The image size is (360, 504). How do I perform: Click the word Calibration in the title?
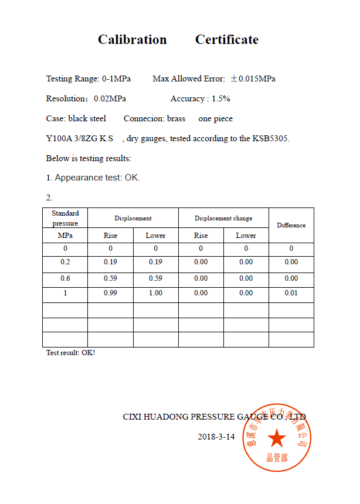(132, 40)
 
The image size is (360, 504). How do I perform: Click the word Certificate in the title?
(227, 40)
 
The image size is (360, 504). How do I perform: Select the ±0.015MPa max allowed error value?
(253, 79)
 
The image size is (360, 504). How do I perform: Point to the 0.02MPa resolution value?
(110, 98)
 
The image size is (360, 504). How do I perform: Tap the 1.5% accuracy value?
(220, 98)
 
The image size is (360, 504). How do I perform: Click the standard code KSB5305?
(271, 138)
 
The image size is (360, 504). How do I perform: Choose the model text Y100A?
(57, 138)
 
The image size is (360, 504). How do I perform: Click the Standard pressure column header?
(65, 218)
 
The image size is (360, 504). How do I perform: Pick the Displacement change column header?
(223, 218)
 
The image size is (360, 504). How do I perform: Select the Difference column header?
(291, 225)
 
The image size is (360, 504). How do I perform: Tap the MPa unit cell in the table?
(65, 236)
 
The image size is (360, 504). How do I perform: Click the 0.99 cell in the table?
(110, 293)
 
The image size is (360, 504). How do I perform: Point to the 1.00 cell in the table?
(155, 293)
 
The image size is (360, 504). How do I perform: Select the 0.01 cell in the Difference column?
(291, 293)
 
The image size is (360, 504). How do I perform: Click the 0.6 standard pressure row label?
(65, 278)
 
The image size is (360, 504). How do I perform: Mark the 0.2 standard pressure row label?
(65, 262)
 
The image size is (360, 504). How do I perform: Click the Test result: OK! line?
(70, 353)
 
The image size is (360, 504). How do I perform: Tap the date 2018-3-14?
(216, 437)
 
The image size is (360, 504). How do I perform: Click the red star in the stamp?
(277, 438)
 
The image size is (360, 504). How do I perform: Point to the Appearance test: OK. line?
(93, 178)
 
